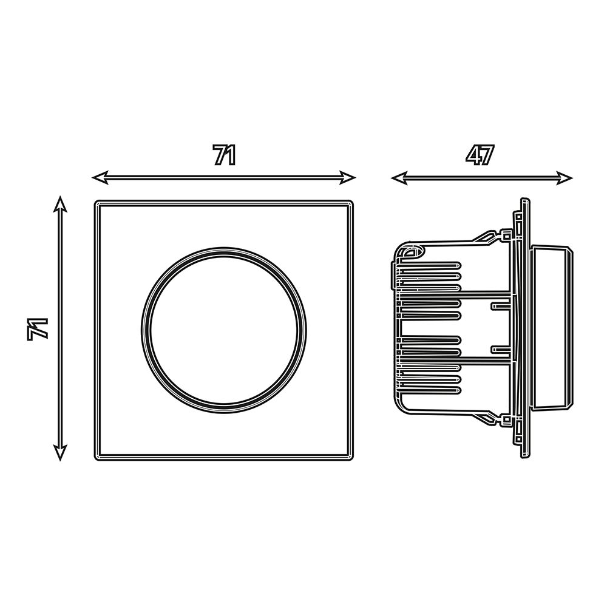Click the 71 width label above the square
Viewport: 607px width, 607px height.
pos(225,155)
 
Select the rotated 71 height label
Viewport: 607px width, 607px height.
pos(38,329)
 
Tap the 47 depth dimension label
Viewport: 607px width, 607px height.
pos(481,155)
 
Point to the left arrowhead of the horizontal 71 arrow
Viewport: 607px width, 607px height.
pos(100,178)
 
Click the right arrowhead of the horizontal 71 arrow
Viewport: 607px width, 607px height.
pos(348,178)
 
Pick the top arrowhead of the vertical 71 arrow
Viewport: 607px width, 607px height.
pos(60,204)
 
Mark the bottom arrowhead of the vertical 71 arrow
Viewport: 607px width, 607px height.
pos(60,453)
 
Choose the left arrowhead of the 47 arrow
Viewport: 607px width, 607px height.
pos(399,178)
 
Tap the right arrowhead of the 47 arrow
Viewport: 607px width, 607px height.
pos(565,178)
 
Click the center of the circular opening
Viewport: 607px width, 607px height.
pos(224,330)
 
